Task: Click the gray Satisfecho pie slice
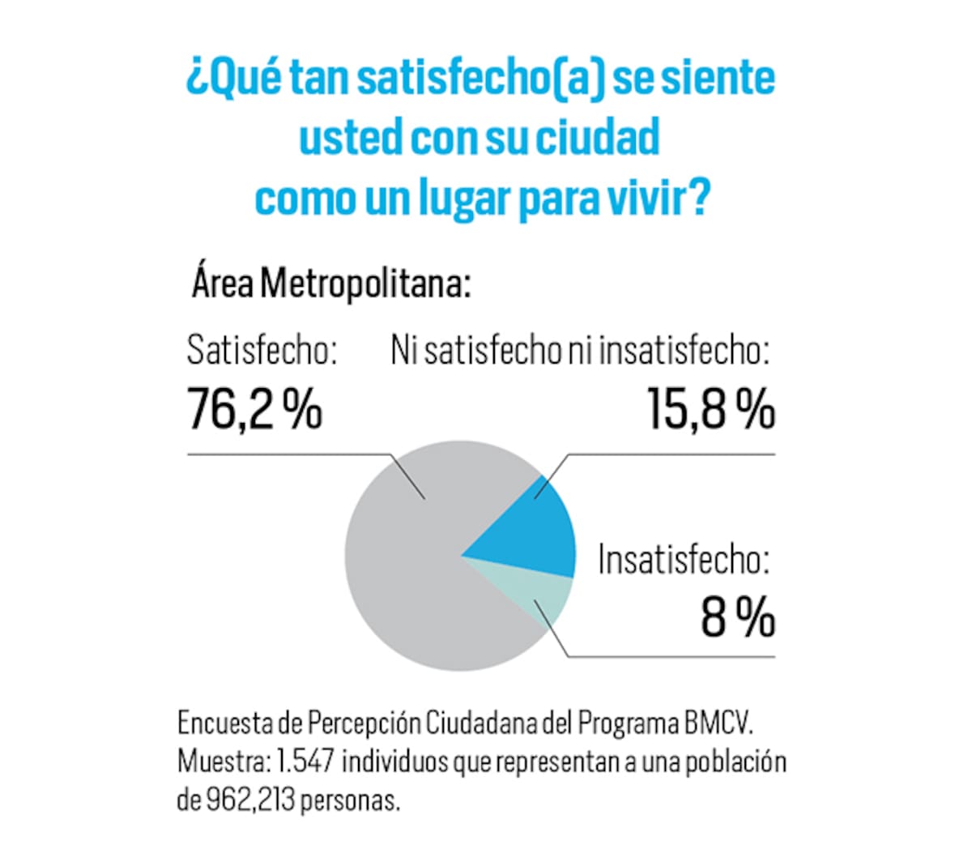pyautogui.click(x=405, y=567)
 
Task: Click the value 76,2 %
pyautogui.click(x=254, y=408)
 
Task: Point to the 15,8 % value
pyautogui.click(x=710, y=408)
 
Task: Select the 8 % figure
pyautogui.click(x=737, y=618)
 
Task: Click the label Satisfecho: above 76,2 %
pyautogui.click(x=261, y=352)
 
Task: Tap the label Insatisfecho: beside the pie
pyautogui.click(x=683, y=561)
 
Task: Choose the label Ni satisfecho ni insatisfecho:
pyautogui.click(x=579, y=352)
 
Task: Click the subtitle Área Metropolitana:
pyautogui.click(x=330, y=284)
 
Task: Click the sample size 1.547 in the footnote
pyautogui.click(x=307, y=762)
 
